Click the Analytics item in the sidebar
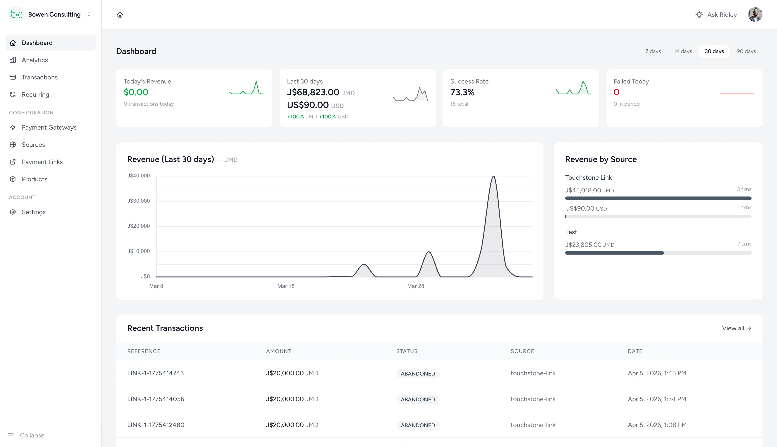click(x=35, y=60)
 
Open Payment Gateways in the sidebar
click(x=49, y=128)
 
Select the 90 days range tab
click(x=746, y=51)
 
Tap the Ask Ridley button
click(x=716, y=15)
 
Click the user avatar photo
click(x=755, y=15)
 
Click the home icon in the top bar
click(x=120, y=15)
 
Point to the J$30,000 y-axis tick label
click(x=139, y=201)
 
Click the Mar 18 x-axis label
click(x=286, y=286)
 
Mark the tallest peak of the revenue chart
click(x=493, y=177)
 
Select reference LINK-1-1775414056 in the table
click(x=156, y=399)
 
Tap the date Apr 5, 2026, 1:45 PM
click(x=657, y=373)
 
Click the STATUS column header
click(x=407, y=351)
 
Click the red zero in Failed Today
click(x=616, y=92)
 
